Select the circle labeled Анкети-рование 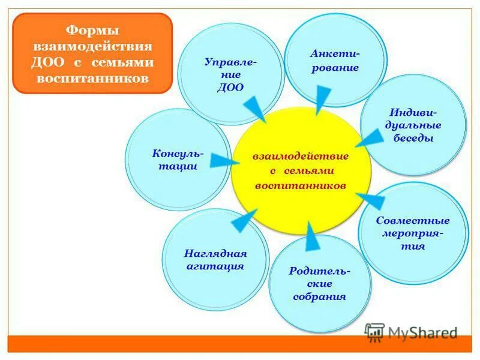(x=335, y=60)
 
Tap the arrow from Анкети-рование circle (x=323, y=97)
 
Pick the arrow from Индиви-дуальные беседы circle (x=368, y=139)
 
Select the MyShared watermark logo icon (x=375, y=332)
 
